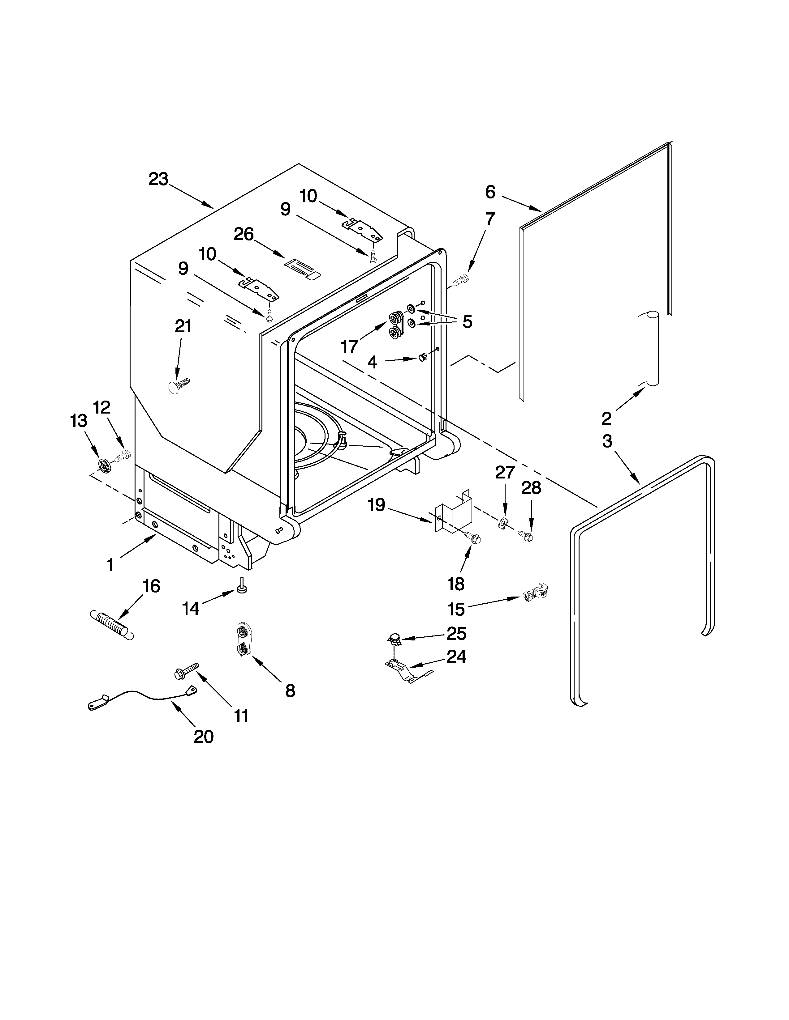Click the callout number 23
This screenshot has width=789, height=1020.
[158, 179]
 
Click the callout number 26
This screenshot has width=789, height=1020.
[244, 234]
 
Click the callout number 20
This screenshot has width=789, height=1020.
[203, 737]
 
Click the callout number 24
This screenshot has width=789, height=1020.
[456, 657]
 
